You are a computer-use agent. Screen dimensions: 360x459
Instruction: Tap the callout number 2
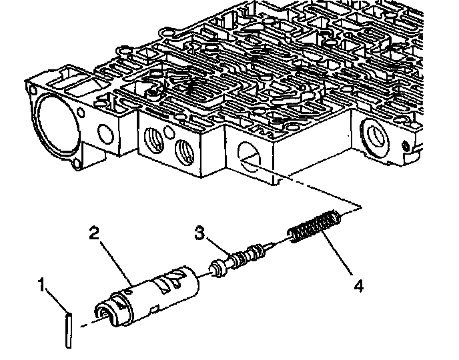pos(94,233)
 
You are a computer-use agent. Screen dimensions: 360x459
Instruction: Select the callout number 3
pos(199,233)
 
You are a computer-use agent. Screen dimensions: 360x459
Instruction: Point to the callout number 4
pos(358,286)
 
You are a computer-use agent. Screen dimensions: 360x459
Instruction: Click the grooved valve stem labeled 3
pos(244,257)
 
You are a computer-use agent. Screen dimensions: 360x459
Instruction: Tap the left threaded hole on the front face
pos(154,141)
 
